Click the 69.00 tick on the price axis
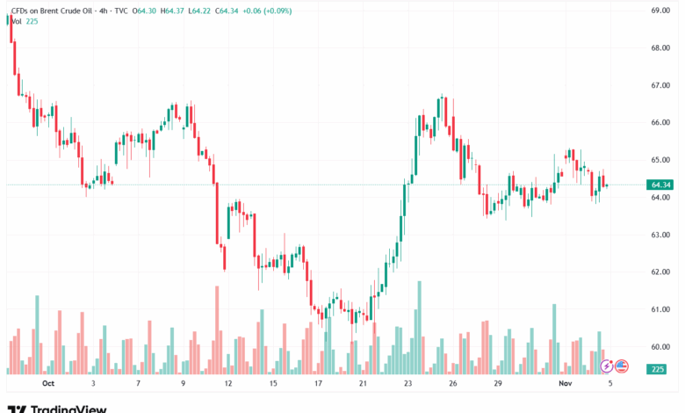coord(660,11)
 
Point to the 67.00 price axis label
coord(660,85)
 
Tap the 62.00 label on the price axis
coord(660,272)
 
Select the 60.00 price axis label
coord(660,346)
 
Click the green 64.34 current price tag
coord(661,185)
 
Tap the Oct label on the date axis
coord(47,384)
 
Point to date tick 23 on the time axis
coord(408,384)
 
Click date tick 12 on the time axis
coord(227,384)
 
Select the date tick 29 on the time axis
coord(498,384)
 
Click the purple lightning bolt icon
coord(607,365)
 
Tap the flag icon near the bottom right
coord(622,365)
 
